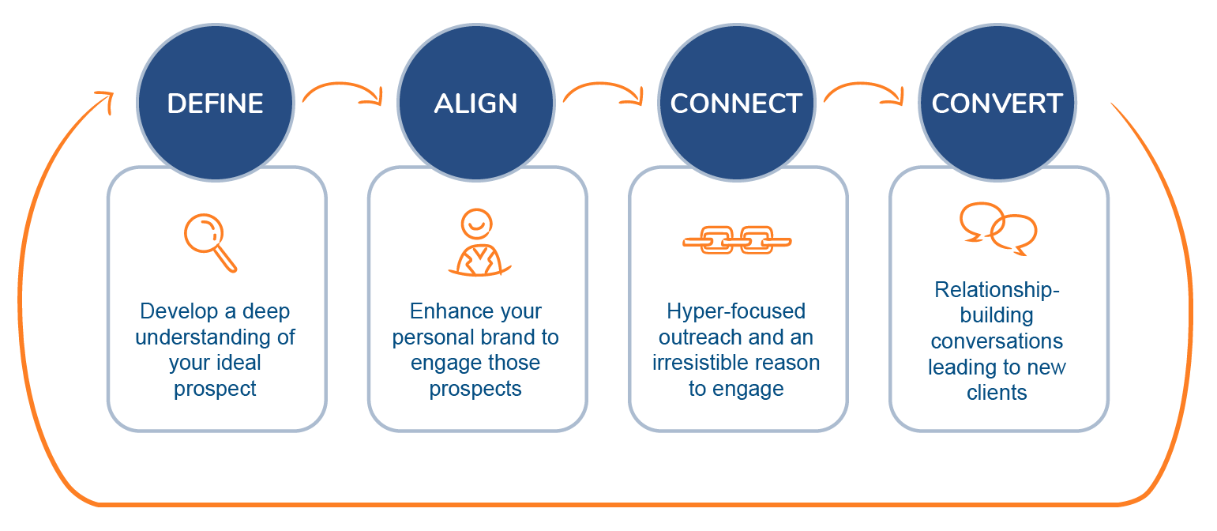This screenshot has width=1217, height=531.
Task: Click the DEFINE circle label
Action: [x=215, y=104]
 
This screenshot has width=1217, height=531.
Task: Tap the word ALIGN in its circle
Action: [x=475, y=104]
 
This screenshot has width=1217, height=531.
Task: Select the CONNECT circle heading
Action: [x=736, y=104]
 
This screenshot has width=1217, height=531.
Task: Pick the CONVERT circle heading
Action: [x=997, y=104]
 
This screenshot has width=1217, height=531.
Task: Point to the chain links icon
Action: [x=736, y=239]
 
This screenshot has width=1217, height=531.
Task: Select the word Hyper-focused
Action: [x=736, y=311]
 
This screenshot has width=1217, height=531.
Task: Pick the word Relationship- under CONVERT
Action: [x=997, y=290]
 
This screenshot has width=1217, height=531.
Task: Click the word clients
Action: [x=997, y=393]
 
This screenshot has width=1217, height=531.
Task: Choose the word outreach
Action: [x=698, y=337]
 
